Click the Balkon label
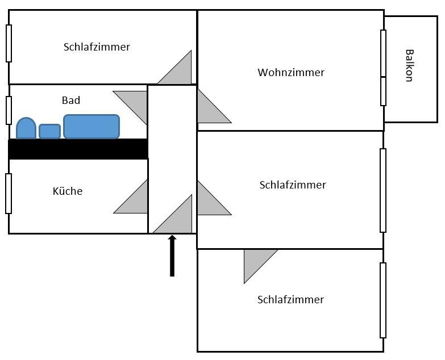(408, 66)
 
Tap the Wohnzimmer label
(290, 73)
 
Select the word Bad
(71, 101)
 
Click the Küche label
(67, 191)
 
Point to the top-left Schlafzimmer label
(97, 47)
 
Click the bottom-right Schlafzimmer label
(290, 300)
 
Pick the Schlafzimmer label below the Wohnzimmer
(293, 185)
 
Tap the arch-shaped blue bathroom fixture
(26, 128)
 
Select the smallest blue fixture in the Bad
(49, 131)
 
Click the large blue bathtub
(92, 127)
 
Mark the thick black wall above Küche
(78, 149)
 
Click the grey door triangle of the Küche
(136, 200)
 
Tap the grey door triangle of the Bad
(136, 102)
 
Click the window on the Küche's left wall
(9, 193)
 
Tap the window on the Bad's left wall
(9, 110)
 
